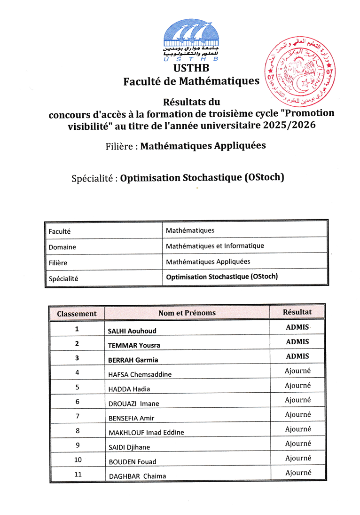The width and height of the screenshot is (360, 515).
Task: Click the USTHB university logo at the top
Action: [x=191, y=40]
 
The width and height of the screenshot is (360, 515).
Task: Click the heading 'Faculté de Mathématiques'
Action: [x=191, y=81]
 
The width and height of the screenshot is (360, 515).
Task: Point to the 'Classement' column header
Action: [x=77, y=313]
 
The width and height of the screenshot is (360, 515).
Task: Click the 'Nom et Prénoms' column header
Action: [x=187, y=312]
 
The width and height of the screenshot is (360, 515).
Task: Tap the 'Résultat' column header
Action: [x=297, y=312]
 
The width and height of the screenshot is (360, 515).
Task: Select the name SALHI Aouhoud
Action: [x=132, y=331]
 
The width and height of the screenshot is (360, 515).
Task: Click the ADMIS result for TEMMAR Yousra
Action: [x=297, y=341]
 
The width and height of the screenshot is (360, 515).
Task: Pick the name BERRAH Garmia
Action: [x=133, y=360]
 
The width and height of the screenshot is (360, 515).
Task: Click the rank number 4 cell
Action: [x=77, y=372]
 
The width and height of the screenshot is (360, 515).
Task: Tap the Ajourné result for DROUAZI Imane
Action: [x=297, y=400]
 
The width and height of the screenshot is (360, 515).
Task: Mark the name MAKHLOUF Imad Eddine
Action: [x=146, y=432]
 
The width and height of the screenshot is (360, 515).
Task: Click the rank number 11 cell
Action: [x=77, y=475]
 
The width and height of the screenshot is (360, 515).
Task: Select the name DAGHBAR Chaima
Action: [x=137, y=476]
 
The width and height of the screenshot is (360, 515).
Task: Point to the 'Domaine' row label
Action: [x=63, y=247]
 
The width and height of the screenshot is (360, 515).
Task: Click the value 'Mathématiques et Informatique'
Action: [x=215, y=246]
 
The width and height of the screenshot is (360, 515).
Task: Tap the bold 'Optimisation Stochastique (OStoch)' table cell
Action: [x=222, y=277]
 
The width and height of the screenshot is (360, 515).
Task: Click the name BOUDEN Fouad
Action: [x=133, y=461]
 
